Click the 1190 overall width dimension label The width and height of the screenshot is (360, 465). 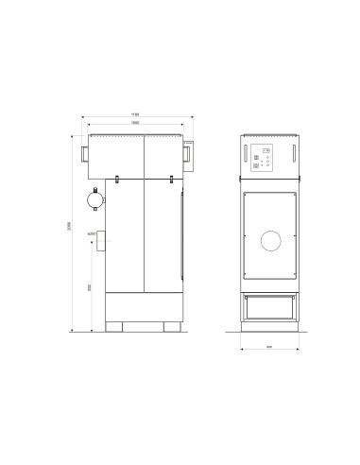[138, 115]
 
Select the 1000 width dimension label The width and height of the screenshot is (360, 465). [136, 123]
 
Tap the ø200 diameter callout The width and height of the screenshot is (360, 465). [92, 232]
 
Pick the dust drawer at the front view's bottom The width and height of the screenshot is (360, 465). [269, 305]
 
